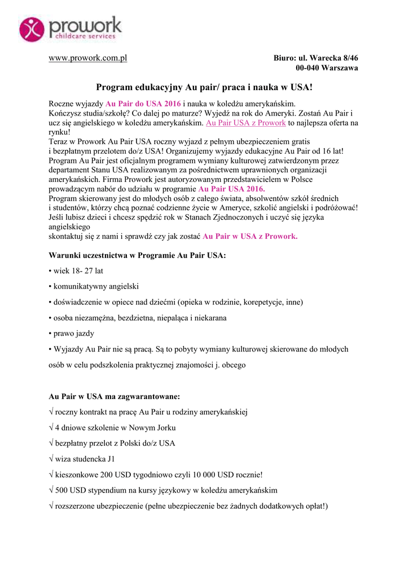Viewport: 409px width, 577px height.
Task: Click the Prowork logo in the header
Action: coord(70,29)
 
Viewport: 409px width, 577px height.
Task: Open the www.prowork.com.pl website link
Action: coord(88,59)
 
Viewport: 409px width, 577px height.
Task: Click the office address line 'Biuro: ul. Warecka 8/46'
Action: coord(316,59)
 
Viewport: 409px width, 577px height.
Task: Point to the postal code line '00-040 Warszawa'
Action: coord(327,68)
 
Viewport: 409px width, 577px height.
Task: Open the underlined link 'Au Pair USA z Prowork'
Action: coord(246,122)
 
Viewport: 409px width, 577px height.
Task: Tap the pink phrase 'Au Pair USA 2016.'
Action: coord(231,189)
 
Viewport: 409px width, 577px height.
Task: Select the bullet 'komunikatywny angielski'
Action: coord(96,286)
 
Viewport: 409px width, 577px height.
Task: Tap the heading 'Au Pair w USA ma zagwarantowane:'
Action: coord(115,396)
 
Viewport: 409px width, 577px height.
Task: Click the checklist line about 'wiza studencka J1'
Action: coord(85,459)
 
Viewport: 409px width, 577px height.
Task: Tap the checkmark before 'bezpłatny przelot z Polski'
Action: coord(51,443)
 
